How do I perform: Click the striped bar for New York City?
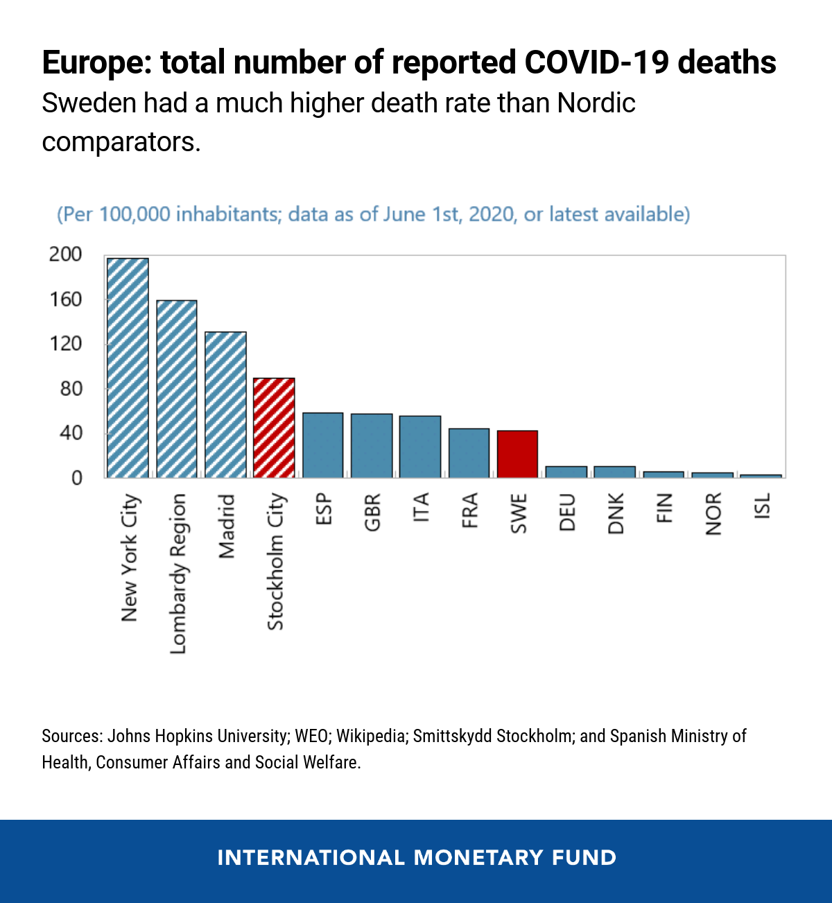(x=128, y=368)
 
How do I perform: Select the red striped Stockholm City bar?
(x=274, y=428)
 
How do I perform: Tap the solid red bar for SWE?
(x=517, y=454)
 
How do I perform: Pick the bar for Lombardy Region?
(x=177, y=389)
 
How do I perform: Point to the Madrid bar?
(x=225, y=405)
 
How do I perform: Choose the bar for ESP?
(x=323, y=445)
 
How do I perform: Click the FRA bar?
(x=469, y=453)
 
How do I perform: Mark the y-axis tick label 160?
(x=65, y=300)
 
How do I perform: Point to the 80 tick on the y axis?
(x=71, y=388)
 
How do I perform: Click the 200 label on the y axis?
(x=65, y=255)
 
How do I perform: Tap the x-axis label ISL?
(x=762, y=506)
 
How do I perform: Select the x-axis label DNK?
(x=616, y=513)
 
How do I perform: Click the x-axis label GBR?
(x=372, y=513)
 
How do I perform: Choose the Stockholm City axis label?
(x=275, y=561)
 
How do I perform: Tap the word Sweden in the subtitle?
(x=89, y=103)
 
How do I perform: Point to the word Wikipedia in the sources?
(x=371, y=736)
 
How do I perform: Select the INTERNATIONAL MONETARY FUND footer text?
(x=417, y=858)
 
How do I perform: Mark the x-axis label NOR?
(x=713, y=514)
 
